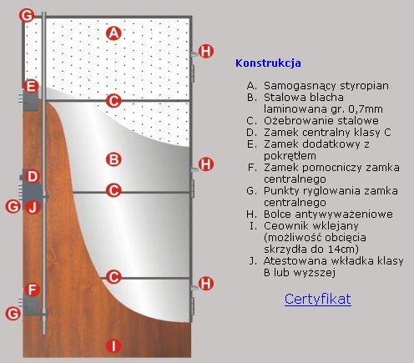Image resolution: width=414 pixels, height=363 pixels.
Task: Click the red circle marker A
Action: tap(114, 33)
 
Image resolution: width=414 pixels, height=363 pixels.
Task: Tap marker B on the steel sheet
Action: tap(114, 159)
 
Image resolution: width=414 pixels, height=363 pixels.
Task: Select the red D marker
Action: tap(33, 176)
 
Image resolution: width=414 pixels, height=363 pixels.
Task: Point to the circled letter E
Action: tap(31, 86)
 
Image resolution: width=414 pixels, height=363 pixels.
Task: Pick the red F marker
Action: tap(33, 290)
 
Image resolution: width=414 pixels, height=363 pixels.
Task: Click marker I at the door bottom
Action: tap(114, 346)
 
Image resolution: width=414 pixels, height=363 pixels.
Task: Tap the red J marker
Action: tap(33, 207)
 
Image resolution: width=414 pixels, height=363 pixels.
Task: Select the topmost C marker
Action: tap(114, 100)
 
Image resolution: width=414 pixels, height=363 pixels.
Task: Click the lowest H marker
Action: tap(206, 283)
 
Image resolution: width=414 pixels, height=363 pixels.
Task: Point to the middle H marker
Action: tap(206, 164)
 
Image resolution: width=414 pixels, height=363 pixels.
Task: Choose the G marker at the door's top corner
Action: tap(27, 15)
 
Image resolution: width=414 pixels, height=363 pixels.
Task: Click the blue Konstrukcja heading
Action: tap(268, 63)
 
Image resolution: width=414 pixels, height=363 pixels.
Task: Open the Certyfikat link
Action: tap(318, 299)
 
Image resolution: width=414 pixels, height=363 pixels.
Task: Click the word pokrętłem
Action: tap(290, 156)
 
